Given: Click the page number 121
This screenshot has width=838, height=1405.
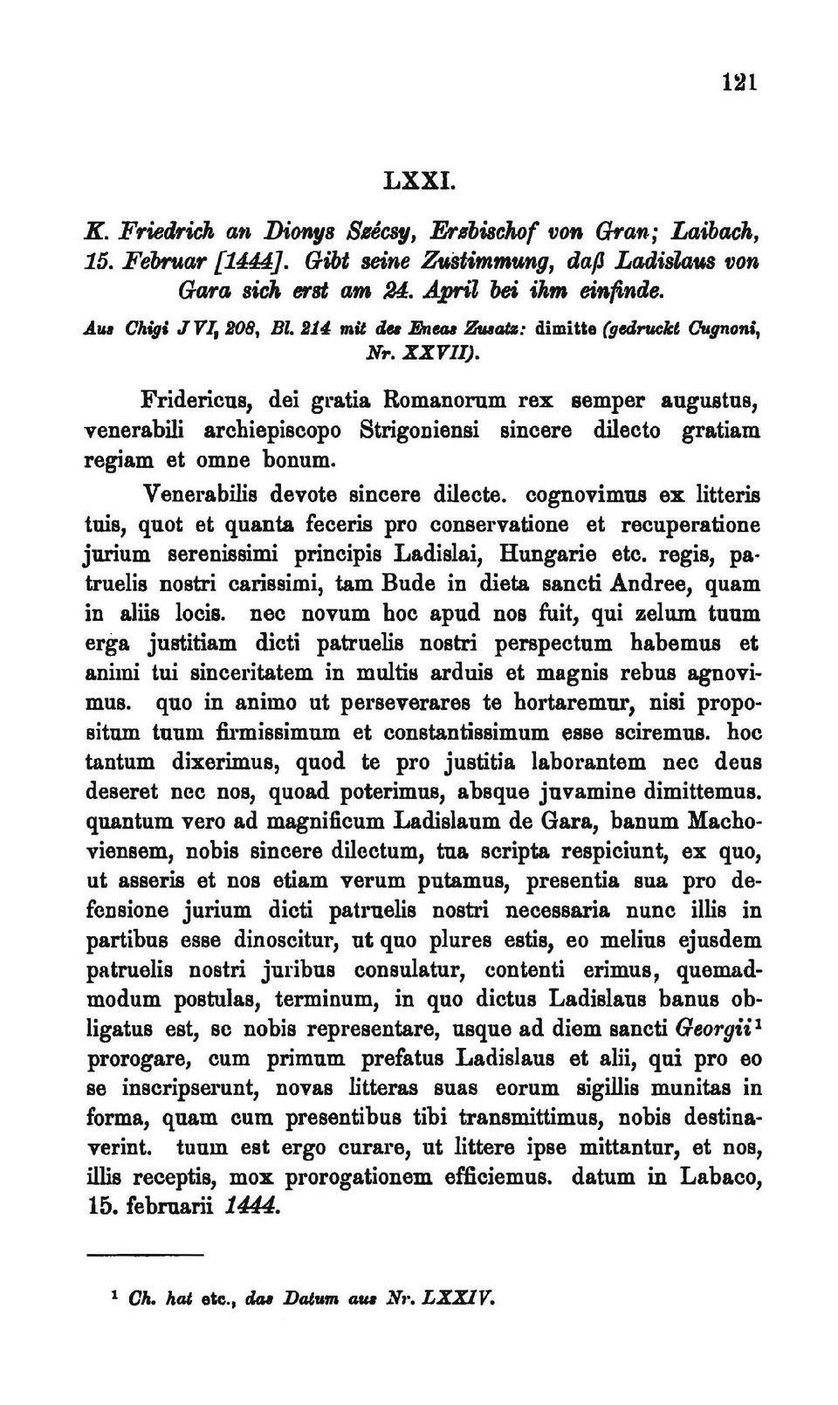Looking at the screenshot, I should (738, 83).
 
